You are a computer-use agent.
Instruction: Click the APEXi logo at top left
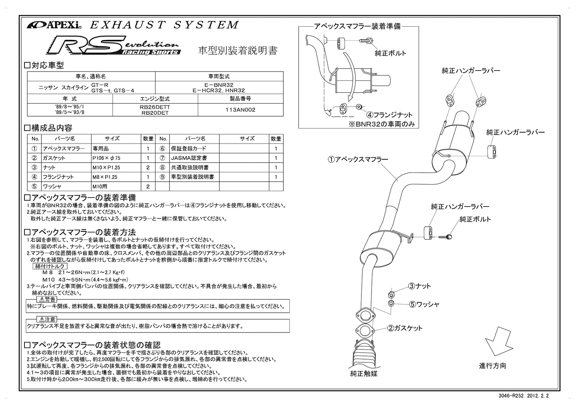(54, 25)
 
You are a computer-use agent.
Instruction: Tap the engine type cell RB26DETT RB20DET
(155, 110)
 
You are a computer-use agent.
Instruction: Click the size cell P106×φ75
(106, 158)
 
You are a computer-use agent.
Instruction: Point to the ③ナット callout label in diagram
(419, 286)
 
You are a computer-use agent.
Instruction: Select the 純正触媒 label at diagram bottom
(364, 374)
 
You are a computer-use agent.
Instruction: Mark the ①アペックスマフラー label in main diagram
(358, 159)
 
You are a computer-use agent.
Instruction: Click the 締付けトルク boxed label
(50, 266)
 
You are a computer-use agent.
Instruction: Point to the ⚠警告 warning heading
(46, 299)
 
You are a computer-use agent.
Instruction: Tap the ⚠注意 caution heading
(46, 319)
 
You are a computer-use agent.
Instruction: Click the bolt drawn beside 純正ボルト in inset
(367, 42)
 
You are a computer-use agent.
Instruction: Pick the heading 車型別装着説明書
(238, 50)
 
